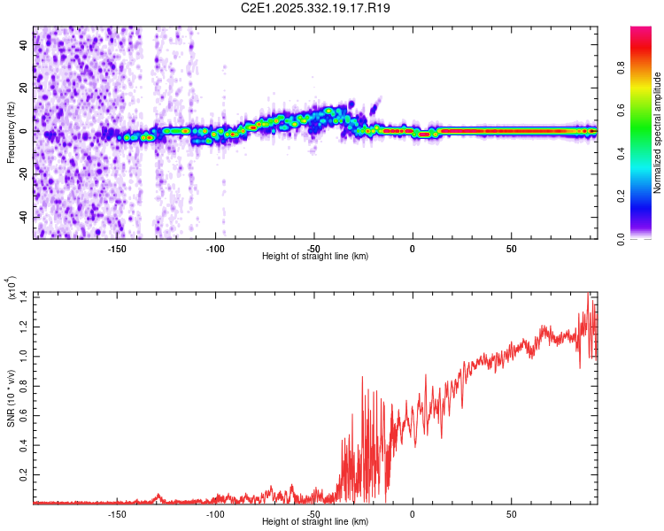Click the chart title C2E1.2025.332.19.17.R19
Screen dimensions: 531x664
pyautogui.click(x=316, y=8)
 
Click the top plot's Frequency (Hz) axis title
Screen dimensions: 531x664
pyautogui.click(x=11, y=132)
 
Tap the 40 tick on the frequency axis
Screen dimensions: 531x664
pyautogui.click(x=23, y=44)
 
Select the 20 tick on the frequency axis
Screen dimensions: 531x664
pyautogui.click(x=23, y=88)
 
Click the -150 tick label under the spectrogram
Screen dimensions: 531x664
pyautogui.click(x=117, y=249)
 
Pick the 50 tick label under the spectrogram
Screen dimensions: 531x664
pyautogui.click(x=511, y=249)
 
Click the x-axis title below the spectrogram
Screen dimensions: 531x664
pyautogui.click(x=315, y=258)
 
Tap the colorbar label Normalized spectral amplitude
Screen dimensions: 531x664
pyautogui.click(x=657, y=132)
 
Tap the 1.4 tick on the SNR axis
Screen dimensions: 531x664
pyautogui.click(x=23, y=295)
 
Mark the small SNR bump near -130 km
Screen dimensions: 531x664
pyautogui.click(x=158, y=496)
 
